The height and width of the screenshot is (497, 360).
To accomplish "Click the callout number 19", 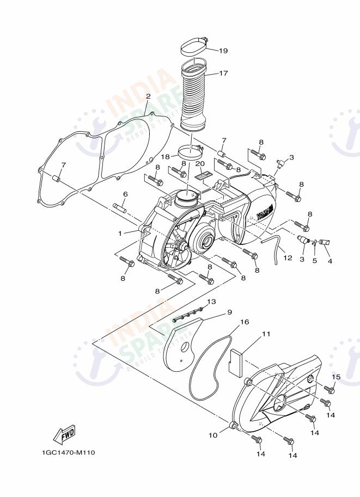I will point(223,51).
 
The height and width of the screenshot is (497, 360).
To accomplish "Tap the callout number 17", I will point(223,73).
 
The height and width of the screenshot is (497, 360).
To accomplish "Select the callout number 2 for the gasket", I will point(132,96).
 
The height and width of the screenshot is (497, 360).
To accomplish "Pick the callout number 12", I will point(288,258).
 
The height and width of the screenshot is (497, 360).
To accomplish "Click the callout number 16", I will point(245,322).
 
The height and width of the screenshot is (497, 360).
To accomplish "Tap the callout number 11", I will point(266,334).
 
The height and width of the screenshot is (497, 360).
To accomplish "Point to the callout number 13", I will point(211,301).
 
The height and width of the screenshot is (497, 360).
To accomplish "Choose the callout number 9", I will point(229,312).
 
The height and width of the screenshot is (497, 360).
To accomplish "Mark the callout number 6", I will point(125,194).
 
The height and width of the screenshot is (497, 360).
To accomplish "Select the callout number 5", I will point(314,260).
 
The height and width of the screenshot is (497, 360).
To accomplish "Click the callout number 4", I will point(330,261).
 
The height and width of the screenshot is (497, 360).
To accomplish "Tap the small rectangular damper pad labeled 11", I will point(235,361).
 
